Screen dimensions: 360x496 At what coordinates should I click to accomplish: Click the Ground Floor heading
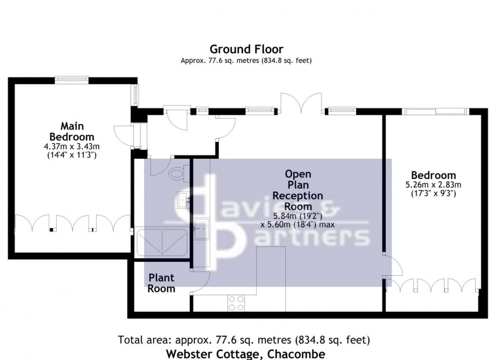click(246, 49)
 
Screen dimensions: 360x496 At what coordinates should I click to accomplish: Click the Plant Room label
click(161, 283)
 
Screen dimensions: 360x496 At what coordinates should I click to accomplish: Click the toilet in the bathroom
click(177, 173)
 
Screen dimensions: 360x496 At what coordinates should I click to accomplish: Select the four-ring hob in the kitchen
click(235, 302)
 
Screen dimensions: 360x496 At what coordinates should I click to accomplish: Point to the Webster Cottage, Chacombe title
click(246, 353)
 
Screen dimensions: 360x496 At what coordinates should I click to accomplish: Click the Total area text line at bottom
click(246, 339)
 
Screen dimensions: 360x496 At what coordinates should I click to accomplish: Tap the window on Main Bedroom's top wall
click(72, 79)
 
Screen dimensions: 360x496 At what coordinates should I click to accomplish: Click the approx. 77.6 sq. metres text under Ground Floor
click(246, 61)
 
